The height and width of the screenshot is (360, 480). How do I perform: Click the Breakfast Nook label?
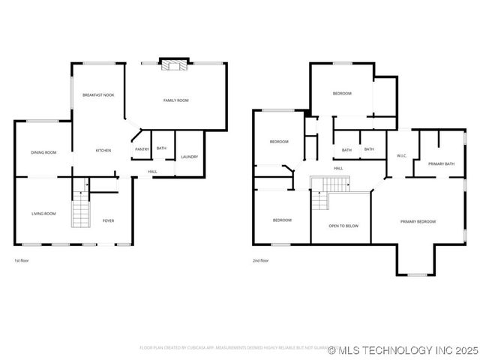point(98,95)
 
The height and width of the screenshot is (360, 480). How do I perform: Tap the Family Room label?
point(176,100)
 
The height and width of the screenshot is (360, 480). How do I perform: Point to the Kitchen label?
point(103,151)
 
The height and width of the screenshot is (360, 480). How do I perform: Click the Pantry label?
point(142,149)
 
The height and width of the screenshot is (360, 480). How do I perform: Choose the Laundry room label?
point(189,157)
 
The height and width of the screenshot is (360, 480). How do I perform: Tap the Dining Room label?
point(43,153)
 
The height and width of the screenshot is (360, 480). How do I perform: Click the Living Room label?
point(43,214)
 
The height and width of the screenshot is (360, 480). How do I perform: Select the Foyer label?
point(109,220)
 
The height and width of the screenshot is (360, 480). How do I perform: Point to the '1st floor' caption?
point(22,260)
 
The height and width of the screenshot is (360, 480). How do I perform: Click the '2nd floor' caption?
point(261,260)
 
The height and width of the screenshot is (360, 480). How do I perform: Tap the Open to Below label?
point(343,225)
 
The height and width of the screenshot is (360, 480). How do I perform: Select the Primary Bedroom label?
point(418,221)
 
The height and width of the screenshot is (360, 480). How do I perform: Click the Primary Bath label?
point(442,163)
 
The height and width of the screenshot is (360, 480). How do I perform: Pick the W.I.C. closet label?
point(401,156)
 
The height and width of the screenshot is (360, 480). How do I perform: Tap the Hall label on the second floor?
point(338,168)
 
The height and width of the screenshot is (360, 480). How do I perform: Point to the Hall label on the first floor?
point(152,172)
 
